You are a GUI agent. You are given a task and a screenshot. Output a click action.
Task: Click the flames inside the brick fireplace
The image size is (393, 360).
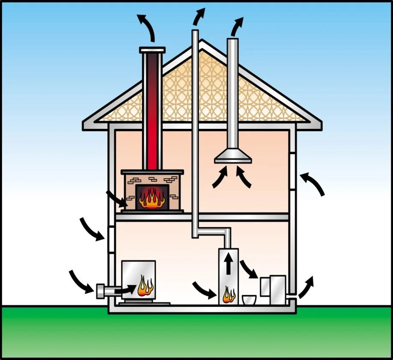152,199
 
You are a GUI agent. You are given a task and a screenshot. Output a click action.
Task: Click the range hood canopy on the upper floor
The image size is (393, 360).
233,158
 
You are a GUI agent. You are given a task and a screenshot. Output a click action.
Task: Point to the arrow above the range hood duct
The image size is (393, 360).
236,27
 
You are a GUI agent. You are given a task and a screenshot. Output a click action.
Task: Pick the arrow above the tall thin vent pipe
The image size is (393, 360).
199,16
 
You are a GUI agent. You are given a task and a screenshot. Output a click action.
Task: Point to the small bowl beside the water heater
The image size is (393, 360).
248,299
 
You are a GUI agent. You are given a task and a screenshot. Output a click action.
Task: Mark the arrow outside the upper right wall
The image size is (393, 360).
313,183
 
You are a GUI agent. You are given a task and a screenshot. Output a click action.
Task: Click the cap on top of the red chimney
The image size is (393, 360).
152,50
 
